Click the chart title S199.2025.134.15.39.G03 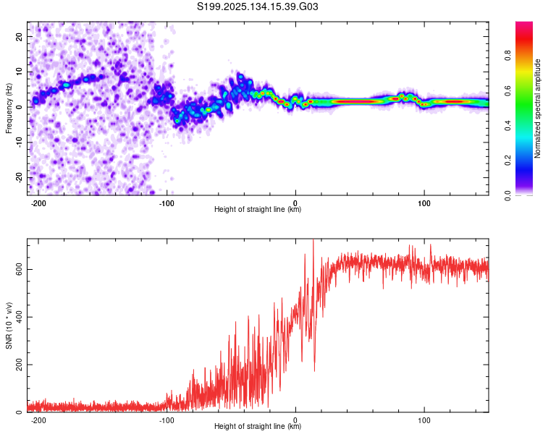[257, 7]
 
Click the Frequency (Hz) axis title [9, 109]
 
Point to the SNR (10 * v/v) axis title [9, 325]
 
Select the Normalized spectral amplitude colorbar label [537, 109]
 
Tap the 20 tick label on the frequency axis [19, 36]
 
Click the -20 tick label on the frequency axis [19, 177]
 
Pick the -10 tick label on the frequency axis [19, 142]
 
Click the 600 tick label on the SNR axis [19, 269]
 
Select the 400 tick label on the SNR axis [19, 317]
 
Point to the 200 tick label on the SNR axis [19, 365]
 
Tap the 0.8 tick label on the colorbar [508, 56]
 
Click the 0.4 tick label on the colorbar [508, 125]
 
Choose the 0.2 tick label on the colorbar [508, 161]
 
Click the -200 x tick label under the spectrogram [38, 203]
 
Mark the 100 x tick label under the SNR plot [424, 420]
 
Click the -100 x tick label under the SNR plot [167, 420]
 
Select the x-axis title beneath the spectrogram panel [258, 209]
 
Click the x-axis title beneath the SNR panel [258, 426]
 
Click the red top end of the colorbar [524, 23]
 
